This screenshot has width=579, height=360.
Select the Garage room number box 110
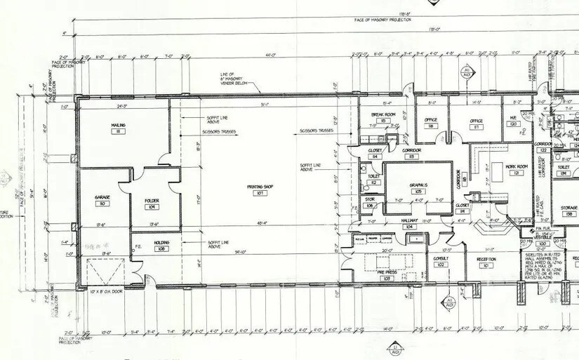[x=102, y=204]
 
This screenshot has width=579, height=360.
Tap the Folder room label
[x=152, y=201]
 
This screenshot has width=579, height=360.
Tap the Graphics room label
[x=418, y=185]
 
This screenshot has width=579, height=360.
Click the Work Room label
[x=516, y=166]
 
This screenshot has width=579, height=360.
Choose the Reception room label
[x=486, y=258]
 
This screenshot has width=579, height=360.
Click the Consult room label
[x=441, y=258]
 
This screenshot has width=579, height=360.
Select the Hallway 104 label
[x=409, y=220]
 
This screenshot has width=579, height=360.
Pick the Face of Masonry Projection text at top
[x=382, y=20]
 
